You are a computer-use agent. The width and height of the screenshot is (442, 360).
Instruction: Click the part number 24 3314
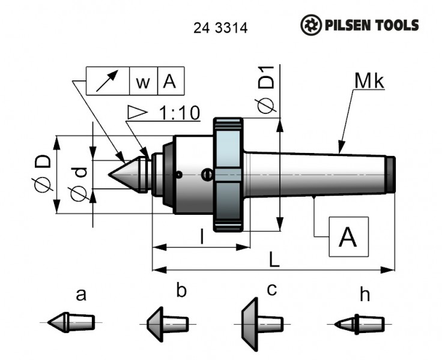(221, 28)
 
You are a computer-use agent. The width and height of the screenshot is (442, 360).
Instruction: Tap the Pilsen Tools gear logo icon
(311, 25)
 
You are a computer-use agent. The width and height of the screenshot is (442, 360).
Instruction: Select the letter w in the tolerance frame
(143, 82)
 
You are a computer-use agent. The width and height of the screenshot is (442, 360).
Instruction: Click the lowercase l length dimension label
(202, 238)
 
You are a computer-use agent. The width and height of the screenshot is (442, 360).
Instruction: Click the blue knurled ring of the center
(228, 174)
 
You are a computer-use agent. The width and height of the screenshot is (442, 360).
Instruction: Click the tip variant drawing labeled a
(71, 322)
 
